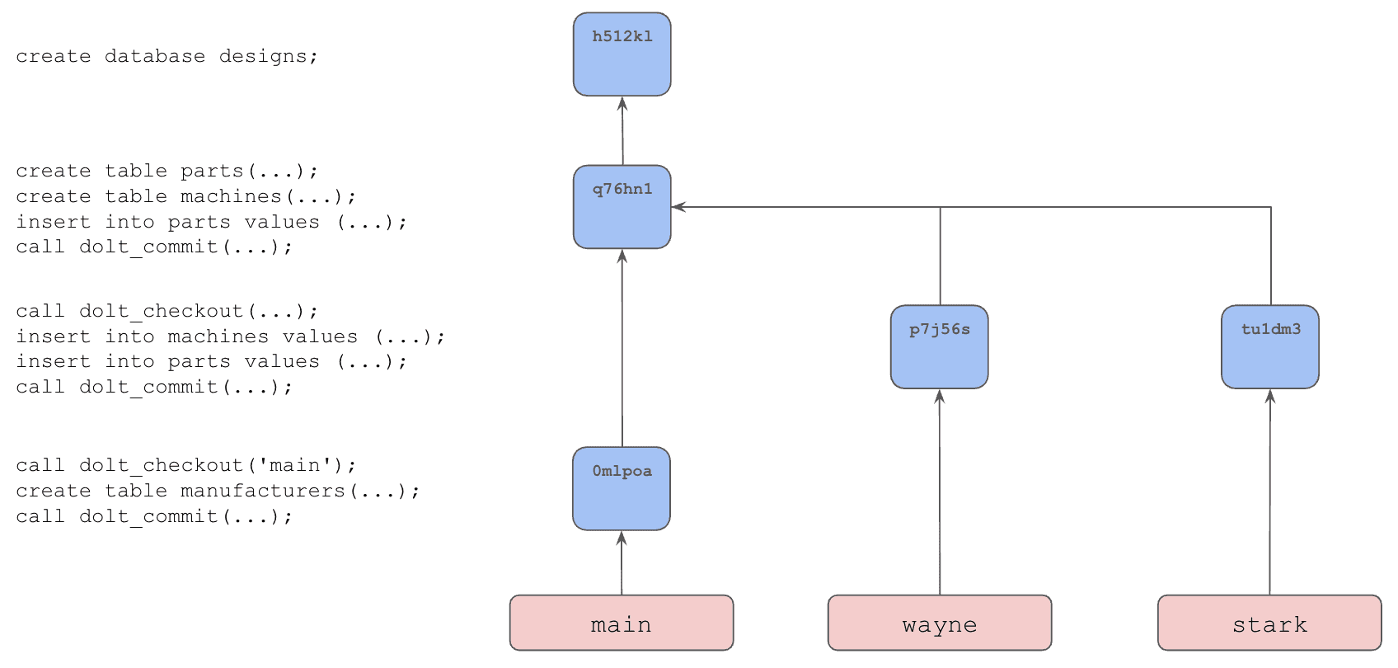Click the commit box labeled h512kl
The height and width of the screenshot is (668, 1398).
pyautogui.click(x=622, y=54)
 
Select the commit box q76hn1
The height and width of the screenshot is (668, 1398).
pyautogui.click(x=622, y=207)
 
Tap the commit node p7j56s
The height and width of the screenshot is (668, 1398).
pyautogui.click(x=940, y=346)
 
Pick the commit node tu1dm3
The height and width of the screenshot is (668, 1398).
pyautogui.click(x=1270, y=346)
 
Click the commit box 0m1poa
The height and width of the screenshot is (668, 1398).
pyautogui.click(x=622, y=488)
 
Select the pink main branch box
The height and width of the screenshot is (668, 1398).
pyautogui.click(x=622, y=623)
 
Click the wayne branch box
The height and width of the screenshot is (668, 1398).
pyautogui.click(x=940, y=623)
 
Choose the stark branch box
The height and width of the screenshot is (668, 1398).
pyautogui.click(x=1270, y=623)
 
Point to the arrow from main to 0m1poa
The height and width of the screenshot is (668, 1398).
pyautogui.click(x=622, y=563)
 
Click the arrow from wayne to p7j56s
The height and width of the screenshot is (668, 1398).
pyautogui.click(x=940, y=492)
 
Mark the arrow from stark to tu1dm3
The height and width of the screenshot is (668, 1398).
pyautogui.click(x=1270, y=492)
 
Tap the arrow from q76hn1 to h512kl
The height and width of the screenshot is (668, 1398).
pyautogui.click(x=622, y=130)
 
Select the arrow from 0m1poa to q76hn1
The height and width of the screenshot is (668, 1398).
pyautogui.click(x=622, y=348)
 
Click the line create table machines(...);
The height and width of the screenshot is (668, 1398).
pyautogui.click(x=186, y=196)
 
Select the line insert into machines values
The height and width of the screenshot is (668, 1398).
pyautogui.click(x=230, y=336)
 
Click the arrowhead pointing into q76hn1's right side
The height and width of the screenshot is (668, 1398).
pyautogui.click(x=678, y=207)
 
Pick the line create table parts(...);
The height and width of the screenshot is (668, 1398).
pyautogui.click(x=167, y=171)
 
